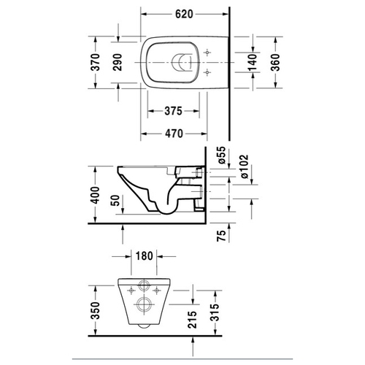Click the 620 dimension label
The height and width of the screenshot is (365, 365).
point(184,14)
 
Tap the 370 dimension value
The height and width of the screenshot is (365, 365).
point(96,62)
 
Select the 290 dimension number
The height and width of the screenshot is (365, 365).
point(118,62)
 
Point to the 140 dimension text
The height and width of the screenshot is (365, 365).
point(253,62)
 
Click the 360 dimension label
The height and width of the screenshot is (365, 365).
point(275,62)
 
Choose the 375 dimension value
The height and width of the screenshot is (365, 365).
point(173,111)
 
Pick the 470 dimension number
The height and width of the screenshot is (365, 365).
point(174,134)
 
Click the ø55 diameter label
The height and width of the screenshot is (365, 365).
point(221,155)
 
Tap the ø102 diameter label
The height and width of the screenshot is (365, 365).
point(244,166)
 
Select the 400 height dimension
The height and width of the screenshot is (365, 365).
point(96,195)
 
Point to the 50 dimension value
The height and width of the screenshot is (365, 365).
point(116,201)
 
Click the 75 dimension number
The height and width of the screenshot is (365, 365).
point(221,236)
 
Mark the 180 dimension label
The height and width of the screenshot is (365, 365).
point(144,256)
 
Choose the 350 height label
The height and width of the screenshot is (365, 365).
point(96,310)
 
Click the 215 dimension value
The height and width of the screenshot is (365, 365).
point(192,320)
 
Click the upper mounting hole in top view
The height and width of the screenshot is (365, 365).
point(207,53)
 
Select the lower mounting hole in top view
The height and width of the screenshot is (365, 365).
point(207,72)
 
